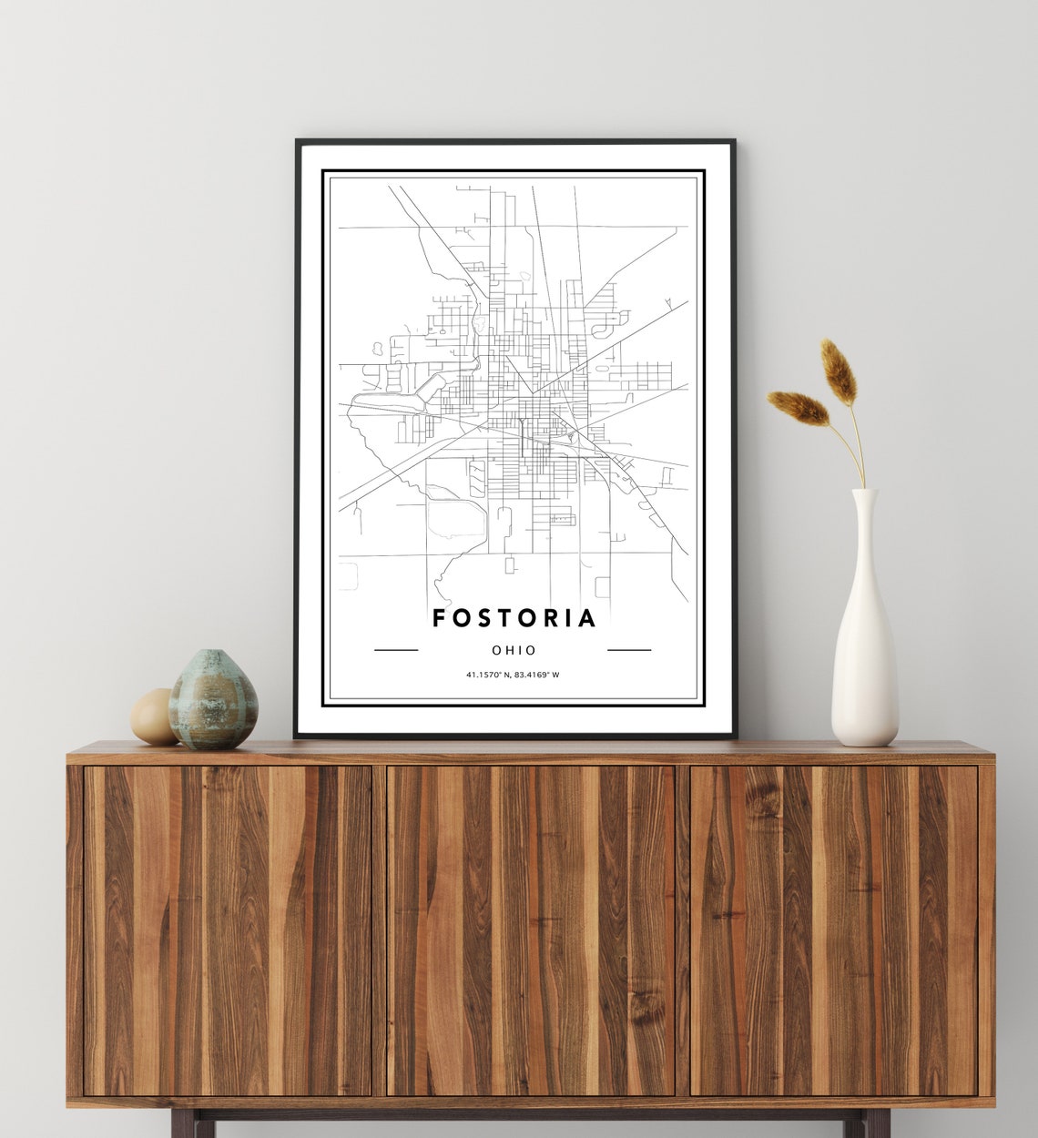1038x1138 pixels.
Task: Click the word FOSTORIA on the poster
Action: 514,618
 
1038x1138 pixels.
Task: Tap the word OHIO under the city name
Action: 514,650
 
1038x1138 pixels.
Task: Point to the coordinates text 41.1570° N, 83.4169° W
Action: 513,675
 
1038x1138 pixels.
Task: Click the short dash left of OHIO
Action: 396,650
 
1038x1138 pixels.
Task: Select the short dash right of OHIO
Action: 629,650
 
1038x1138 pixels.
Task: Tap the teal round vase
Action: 213,700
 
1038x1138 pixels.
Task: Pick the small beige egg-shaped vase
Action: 153,716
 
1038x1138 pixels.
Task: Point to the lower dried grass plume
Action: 798,407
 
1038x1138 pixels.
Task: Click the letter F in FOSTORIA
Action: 439,618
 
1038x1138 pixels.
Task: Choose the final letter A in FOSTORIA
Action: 587,618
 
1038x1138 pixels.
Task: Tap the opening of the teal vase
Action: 214,653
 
